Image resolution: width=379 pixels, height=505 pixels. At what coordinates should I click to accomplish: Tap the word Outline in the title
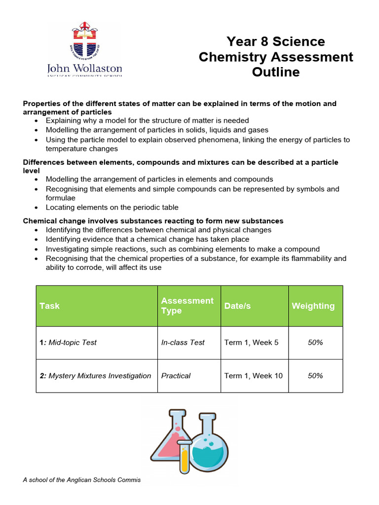(275, 72)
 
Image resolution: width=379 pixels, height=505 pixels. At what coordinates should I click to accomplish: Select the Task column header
(49, 306)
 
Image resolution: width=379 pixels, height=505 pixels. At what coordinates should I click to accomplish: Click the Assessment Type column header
(187, 306)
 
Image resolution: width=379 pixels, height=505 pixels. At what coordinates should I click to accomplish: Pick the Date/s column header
(237, 306)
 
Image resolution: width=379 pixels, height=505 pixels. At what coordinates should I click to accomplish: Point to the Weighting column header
(313, 306)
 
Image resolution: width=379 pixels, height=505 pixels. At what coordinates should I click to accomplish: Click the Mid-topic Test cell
(68, 342)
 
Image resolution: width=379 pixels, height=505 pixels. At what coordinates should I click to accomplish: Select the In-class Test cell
(183, 342)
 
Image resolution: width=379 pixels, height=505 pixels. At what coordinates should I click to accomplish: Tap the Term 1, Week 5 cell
(251, 342)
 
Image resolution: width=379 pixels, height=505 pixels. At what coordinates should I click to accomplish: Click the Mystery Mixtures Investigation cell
(95, 376)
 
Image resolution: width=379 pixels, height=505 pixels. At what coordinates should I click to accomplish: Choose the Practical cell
(176, 376)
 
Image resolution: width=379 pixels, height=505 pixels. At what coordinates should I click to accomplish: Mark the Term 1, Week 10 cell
(253, 376)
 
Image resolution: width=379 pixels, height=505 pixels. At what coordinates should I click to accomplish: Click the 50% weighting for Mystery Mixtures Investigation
(315, 376)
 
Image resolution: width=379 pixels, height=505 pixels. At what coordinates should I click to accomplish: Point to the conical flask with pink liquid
(170, 439)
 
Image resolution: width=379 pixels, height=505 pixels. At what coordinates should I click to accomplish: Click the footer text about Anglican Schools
(81, 480)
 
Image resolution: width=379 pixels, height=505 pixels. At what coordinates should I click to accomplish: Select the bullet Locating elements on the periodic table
(112, 207)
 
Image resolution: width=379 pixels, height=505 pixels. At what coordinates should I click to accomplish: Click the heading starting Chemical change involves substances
(153, 221)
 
